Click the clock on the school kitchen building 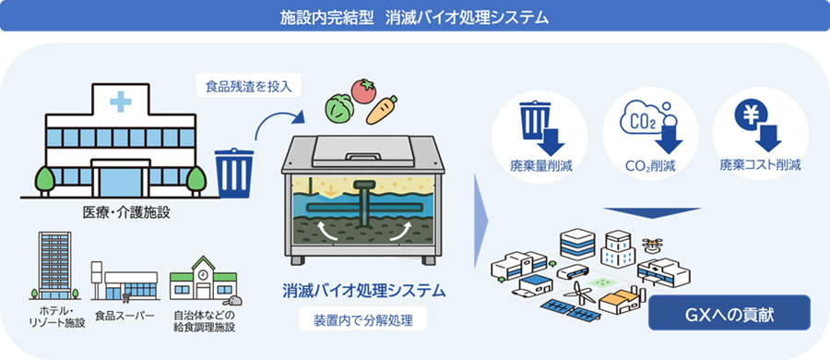coord(204,271)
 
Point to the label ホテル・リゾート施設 coord(53,320)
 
